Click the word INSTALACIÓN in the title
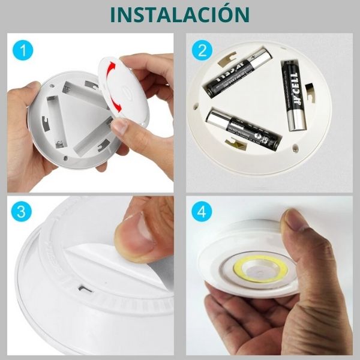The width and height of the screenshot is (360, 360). tap(180, 14)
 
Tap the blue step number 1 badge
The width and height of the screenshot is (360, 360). tap(22, 51)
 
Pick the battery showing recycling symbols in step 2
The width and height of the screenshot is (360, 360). tap(243, 129)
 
